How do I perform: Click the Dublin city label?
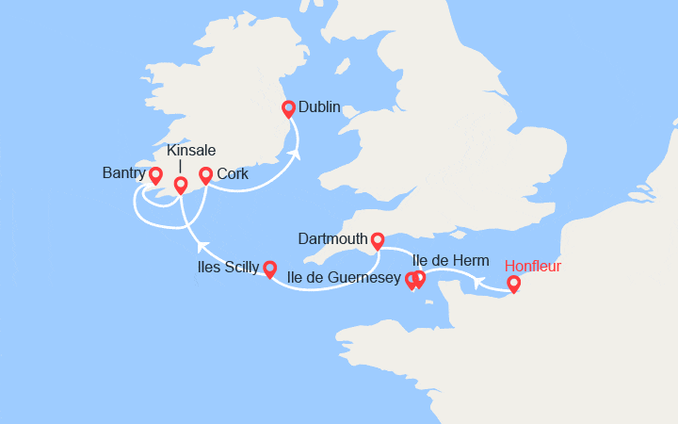coord(319,107)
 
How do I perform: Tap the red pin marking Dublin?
coord(289,108)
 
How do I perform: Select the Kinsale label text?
coord(191,151)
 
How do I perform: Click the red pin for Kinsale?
coord(181,185)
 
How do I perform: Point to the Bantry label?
coord(123,173)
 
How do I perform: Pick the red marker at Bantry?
coord(155,175)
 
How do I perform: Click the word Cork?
coord(233,174)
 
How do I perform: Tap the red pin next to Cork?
coord(206,175)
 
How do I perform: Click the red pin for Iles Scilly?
coord(269,269)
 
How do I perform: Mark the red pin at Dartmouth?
coord(378,240)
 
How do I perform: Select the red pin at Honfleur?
coord(513,283)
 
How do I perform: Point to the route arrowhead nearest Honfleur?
coord(478,282)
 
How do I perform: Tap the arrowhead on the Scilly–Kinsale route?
coord(201,247)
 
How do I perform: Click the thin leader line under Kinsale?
coord(180,167)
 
